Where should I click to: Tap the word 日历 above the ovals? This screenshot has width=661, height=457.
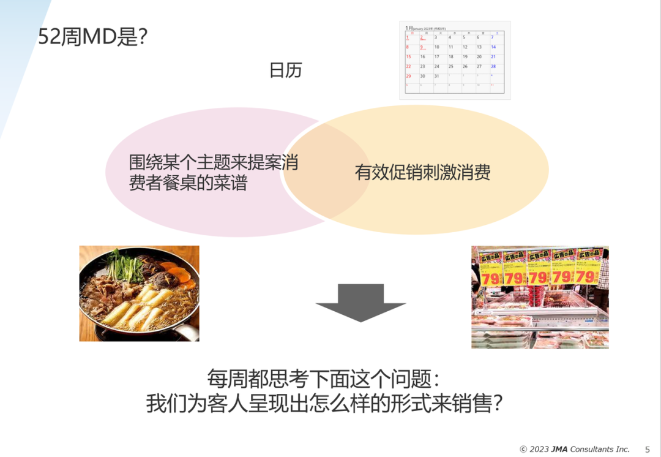coord(285,70)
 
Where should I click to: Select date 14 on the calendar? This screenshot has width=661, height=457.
coord(493,47)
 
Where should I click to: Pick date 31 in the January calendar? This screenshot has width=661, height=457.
coord(436,76)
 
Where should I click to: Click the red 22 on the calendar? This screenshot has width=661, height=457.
coord(408,66)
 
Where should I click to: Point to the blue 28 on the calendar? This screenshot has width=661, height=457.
coord(493,66)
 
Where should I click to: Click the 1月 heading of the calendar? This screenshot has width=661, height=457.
coord(409,28)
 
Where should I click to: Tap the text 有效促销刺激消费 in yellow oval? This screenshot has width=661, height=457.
coord(422,173)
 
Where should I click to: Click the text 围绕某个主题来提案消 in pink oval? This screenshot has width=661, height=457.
coord(214,163)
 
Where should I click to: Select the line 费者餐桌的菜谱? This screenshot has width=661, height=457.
coord(188,183)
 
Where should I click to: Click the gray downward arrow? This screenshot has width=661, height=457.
coord(360,302)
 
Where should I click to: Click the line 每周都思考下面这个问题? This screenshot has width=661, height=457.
coord(323,379)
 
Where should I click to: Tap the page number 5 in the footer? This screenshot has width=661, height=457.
coord(648,449)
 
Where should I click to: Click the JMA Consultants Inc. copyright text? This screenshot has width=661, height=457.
coord(575,449)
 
